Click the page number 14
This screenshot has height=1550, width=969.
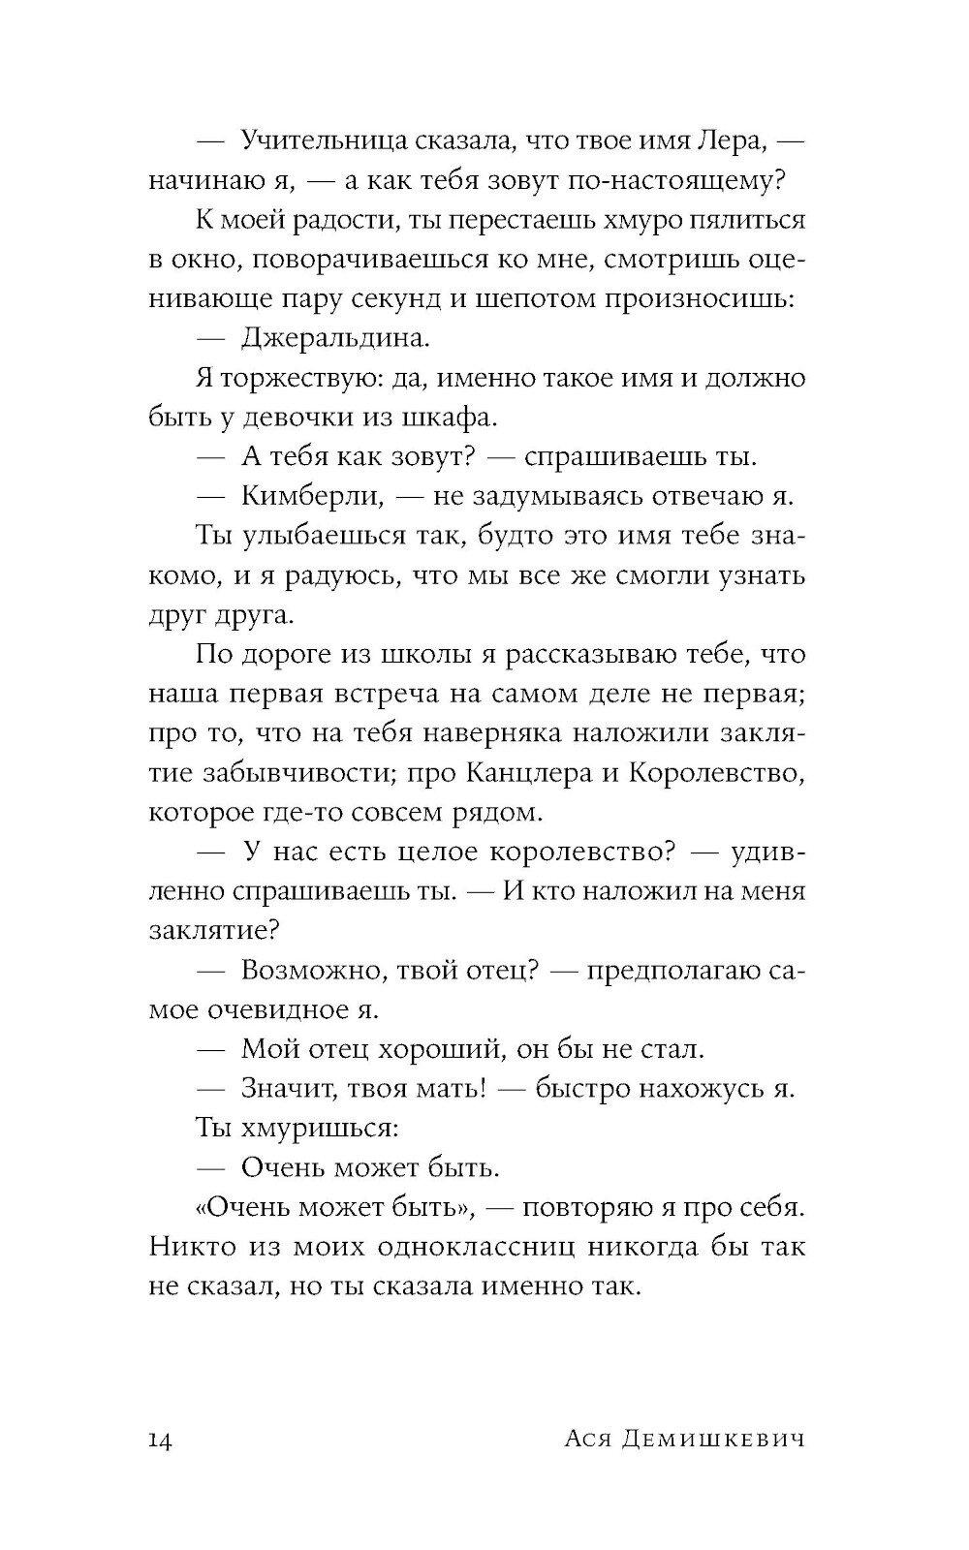(x=161, y=1441)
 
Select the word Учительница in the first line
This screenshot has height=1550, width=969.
(x=320, y=141)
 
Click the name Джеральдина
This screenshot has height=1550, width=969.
(x=333, y=339)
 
